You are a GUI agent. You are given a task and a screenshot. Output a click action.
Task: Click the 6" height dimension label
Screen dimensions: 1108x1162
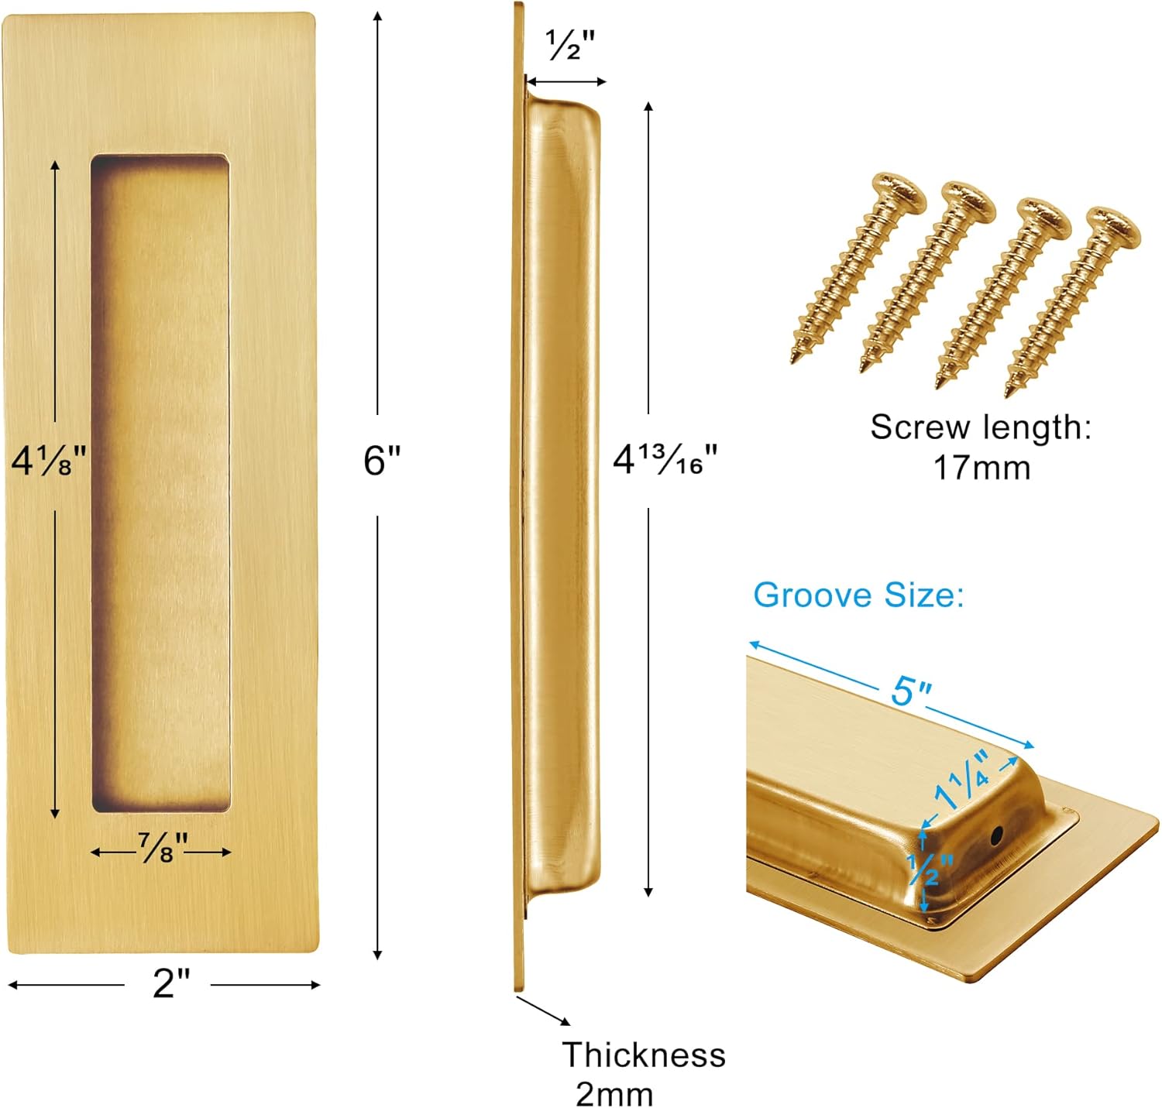point(382,461)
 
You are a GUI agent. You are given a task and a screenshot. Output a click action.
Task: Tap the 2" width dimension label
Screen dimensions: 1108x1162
point(170,983)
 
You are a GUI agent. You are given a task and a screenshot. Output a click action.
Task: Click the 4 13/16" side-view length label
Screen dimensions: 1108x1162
point(665,460)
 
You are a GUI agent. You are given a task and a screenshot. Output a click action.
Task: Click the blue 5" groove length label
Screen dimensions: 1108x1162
point(911,691)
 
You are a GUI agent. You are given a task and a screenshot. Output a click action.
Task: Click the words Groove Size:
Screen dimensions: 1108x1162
point(858,595)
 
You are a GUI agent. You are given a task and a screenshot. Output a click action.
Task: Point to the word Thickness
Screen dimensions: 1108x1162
point(643,1055)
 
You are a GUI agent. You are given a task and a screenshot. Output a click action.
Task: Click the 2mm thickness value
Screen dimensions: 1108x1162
point(614,1094)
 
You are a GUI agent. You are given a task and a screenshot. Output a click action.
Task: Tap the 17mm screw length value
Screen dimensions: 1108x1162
point(982,468)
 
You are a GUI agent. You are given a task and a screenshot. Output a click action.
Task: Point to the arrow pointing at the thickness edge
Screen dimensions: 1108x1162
point(543,1010)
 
